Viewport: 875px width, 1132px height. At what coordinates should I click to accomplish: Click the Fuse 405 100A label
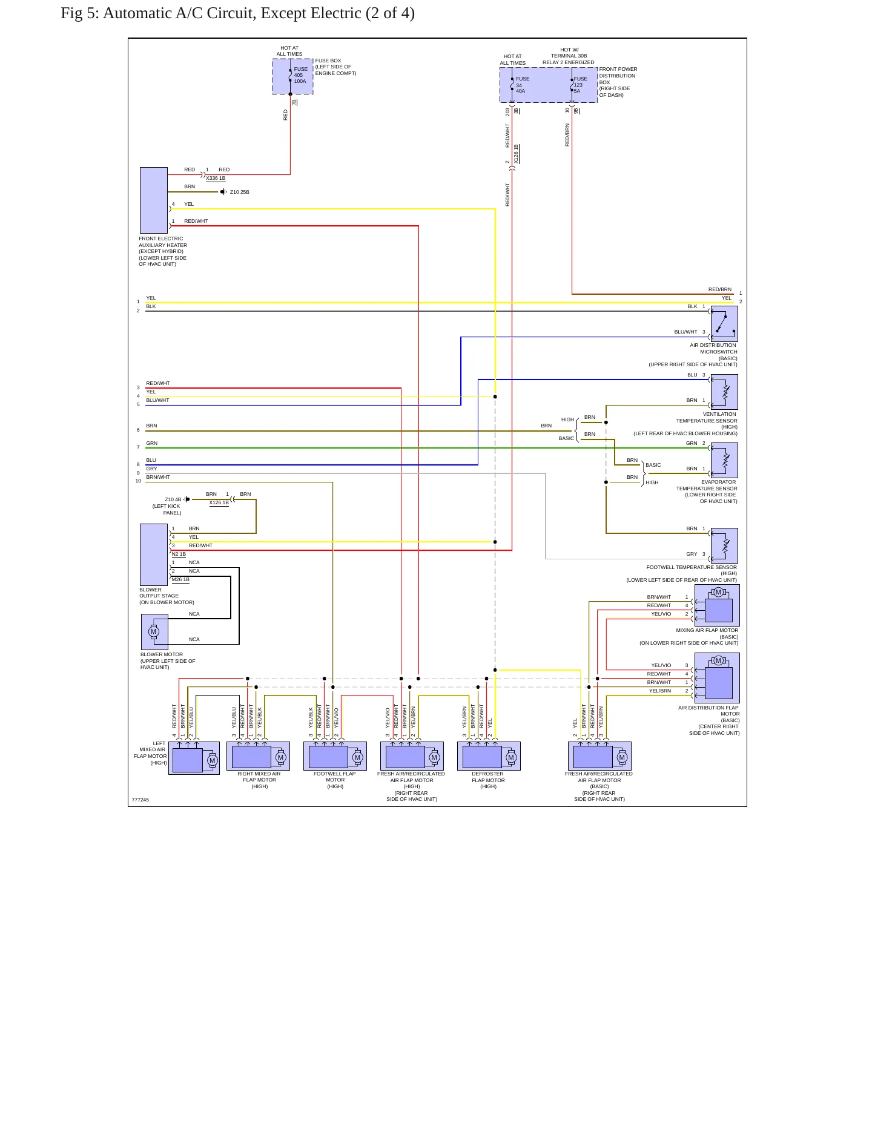300,75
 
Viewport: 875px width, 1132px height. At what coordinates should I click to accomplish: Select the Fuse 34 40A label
522,85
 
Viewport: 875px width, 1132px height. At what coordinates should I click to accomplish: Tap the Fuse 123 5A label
580,85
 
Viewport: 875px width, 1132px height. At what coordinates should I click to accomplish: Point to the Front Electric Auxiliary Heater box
154,200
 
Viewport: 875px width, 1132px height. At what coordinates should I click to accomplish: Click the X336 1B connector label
216,179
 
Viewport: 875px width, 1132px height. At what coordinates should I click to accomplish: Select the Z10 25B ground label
240,192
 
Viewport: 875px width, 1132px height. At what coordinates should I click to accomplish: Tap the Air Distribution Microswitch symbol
724,324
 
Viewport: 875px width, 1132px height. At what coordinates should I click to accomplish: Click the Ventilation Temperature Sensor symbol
724,392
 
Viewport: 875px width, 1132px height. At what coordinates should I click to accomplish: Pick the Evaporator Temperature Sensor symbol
724,461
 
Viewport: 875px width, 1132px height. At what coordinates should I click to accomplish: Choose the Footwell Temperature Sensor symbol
724,546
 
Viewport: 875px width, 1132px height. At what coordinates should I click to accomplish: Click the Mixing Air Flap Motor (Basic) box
717,605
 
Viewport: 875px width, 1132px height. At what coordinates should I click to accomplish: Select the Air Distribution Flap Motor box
717,678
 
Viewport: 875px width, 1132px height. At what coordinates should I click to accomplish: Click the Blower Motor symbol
154,632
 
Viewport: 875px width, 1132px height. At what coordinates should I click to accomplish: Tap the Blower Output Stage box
154,554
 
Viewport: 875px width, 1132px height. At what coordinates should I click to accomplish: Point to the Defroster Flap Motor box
489,756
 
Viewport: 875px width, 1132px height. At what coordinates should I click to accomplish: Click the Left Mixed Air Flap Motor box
194,758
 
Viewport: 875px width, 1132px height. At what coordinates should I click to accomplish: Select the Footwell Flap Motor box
335,756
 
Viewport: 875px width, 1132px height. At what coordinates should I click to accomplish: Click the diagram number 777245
140,800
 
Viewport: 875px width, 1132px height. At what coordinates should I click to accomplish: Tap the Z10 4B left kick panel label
173,499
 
